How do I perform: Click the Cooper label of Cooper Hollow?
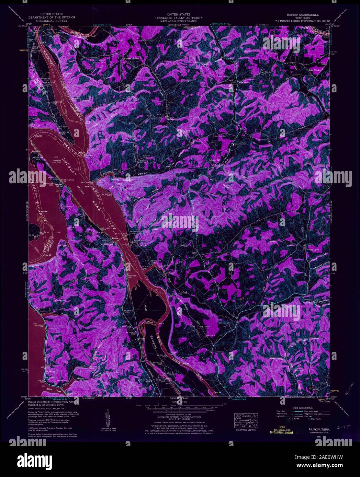(x=142, y=174)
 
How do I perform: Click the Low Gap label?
(x=130, y=109)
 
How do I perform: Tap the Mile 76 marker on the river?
(x=216, y=392)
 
